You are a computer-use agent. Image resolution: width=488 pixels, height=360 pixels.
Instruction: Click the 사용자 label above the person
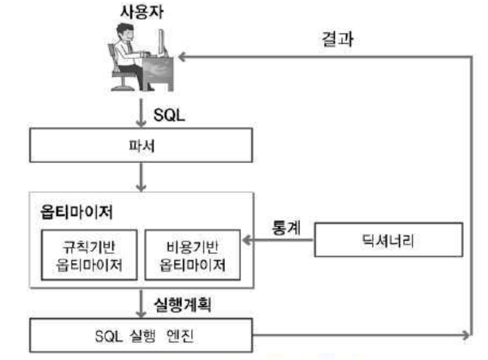click(141, 13)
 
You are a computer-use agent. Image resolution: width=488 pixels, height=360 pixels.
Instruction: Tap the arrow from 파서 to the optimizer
click(141, 179)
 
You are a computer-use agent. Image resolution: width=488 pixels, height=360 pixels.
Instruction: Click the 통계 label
click(286, 227)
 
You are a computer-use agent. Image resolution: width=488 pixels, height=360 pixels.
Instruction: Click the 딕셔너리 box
click(388, 241)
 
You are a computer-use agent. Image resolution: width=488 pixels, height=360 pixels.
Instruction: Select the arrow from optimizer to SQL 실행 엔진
click(141, 305)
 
